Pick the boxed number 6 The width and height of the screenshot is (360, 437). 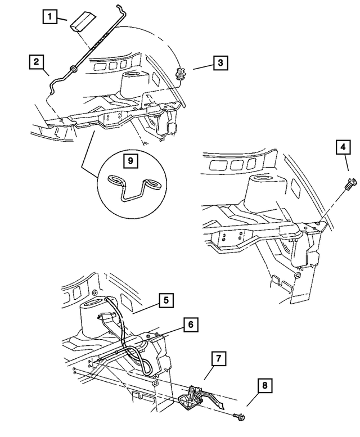[x=191, y=325]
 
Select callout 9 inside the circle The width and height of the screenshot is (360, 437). [x=130, y=161]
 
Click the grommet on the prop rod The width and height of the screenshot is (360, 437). [x=72, y=70]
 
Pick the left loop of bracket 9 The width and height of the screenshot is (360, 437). [x=115, y=180]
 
